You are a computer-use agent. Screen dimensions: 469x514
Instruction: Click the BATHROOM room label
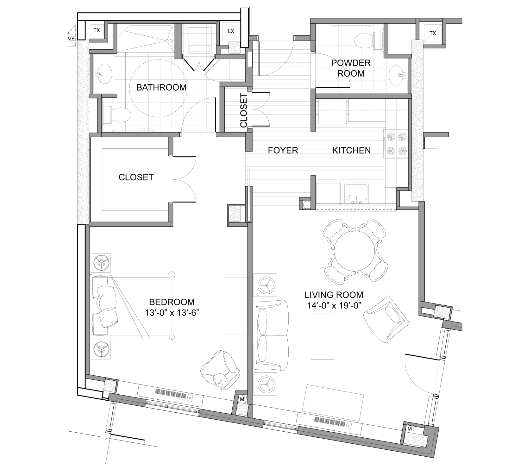[x=161, y=87]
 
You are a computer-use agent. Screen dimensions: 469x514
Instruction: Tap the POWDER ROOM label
[x=351, y=68]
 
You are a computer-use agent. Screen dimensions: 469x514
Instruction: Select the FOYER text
[x=283, y=150]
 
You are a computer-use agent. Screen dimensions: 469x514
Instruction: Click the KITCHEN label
[x=351, y=150]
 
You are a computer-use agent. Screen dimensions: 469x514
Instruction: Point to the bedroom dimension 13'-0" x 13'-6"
[x=172, y=313]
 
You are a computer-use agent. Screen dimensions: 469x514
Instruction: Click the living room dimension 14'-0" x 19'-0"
[x=334, y=306]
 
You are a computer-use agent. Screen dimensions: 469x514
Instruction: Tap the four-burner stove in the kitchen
[x=396, y=143]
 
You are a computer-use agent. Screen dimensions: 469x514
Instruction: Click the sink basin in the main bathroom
[x=104, y=74]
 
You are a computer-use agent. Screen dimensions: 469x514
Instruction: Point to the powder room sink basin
[x=398, y=75]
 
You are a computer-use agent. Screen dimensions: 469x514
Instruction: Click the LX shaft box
[x=231, y=31]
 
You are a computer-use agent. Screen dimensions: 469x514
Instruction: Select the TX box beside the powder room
[x=432, y=33]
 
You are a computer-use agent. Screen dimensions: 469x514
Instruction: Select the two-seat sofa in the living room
[x=272, y=335]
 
